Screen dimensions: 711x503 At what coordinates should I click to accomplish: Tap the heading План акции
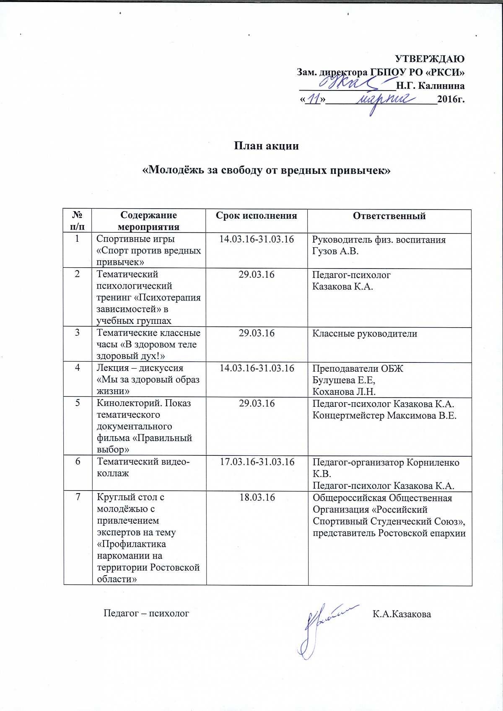point(266,146)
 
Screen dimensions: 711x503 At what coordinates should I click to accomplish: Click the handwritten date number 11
point(314,99)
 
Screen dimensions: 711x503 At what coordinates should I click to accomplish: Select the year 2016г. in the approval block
point(451,99)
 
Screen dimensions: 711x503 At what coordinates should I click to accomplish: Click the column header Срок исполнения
point(256,216)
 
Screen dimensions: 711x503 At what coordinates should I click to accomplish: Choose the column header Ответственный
point(389,216)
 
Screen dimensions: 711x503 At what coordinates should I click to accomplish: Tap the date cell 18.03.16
point(257,497)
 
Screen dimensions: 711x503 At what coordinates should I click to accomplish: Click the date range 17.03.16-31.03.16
point(257,462)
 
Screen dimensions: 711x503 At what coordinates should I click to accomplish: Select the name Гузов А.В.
point(335,251)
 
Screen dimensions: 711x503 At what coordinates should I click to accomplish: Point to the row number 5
point(78,403)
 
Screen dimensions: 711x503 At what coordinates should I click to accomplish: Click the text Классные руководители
point(365,334)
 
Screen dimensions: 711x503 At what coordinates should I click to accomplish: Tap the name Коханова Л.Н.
point(344,392)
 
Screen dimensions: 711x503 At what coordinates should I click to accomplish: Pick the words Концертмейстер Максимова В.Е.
point(384,416)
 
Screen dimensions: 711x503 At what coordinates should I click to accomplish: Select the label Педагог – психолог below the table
point(146,613)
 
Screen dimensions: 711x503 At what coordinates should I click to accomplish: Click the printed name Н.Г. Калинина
point(430,86)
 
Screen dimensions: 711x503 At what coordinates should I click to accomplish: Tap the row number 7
point(78,497)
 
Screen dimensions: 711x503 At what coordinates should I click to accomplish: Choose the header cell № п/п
point(78,221)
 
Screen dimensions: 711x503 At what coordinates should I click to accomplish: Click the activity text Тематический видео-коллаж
point(143,468)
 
